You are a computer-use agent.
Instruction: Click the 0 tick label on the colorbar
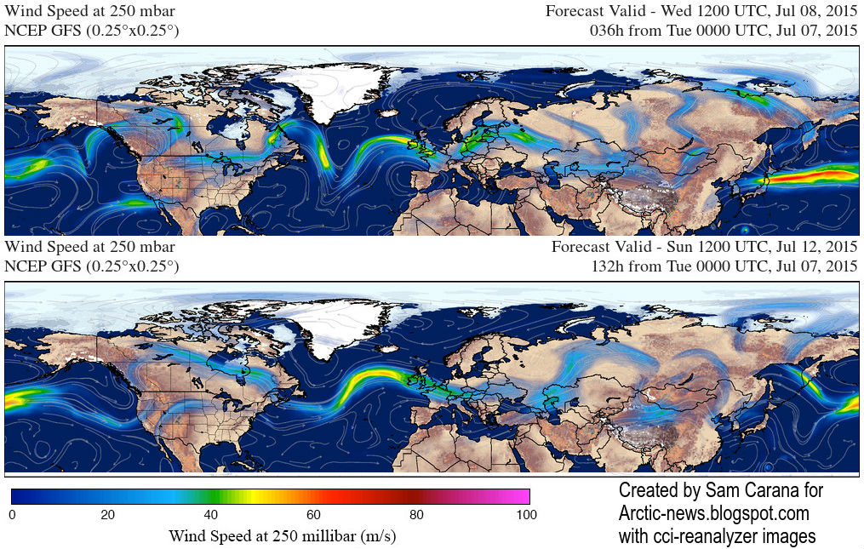[12, 514]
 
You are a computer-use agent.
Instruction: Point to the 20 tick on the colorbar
[108, 514]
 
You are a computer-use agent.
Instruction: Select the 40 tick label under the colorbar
[211, 514]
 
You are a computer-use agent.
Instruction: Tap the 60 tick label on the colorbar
[313, 514]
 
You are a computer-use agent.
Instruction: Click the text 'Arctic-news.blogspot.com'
[713, 513]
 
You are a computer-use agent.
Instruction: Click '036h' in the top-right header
[608, 30]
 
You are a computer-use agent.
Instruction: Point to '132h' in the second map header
[608, 266]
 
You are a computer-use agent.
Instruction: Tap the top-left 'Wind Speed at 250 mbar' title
[90, 11]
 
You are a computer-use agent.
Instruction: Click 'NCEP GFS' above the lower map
[43, 266]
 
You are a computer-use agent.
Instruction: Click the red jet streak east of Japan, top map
[817, 176]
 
